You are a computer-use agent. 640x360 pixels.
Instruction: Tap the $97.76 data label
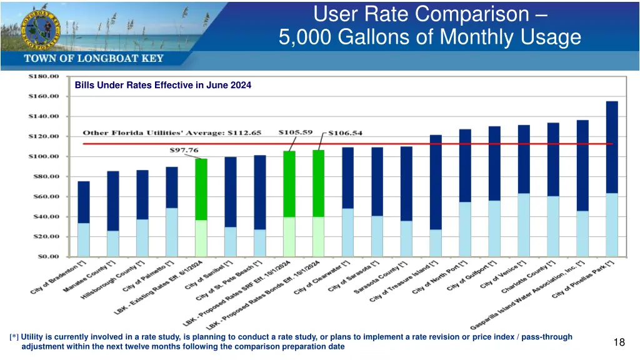(x=185, y=150)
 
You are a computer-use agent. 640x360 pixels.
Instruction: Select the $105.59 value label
(x=296, y=132)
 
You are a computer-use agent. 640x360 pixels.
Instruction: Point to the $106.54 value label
(x=346, y=132)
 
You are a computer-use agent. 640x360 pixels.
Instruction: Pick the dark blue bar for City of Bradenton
(x=84, y=202)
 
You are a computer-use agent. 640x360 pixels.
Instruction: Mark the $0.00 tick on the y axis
(x=46, y=256)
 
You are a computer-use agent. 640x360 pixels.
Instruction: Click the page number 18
(x=619, y=342)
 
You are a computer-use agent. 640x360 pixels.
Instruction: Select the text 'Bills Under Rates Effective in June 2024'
(x=163, y=86)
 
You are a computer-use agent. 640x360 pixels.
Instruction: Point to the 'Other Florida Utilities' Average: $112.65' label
(x=172, y=132)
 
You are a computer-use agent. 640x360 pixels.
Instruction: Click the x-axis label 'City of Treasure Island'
(x=404, y=282)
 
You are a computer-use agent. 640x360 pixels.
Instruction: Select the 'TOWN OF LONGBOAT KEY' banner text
(x=94, y=59)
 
